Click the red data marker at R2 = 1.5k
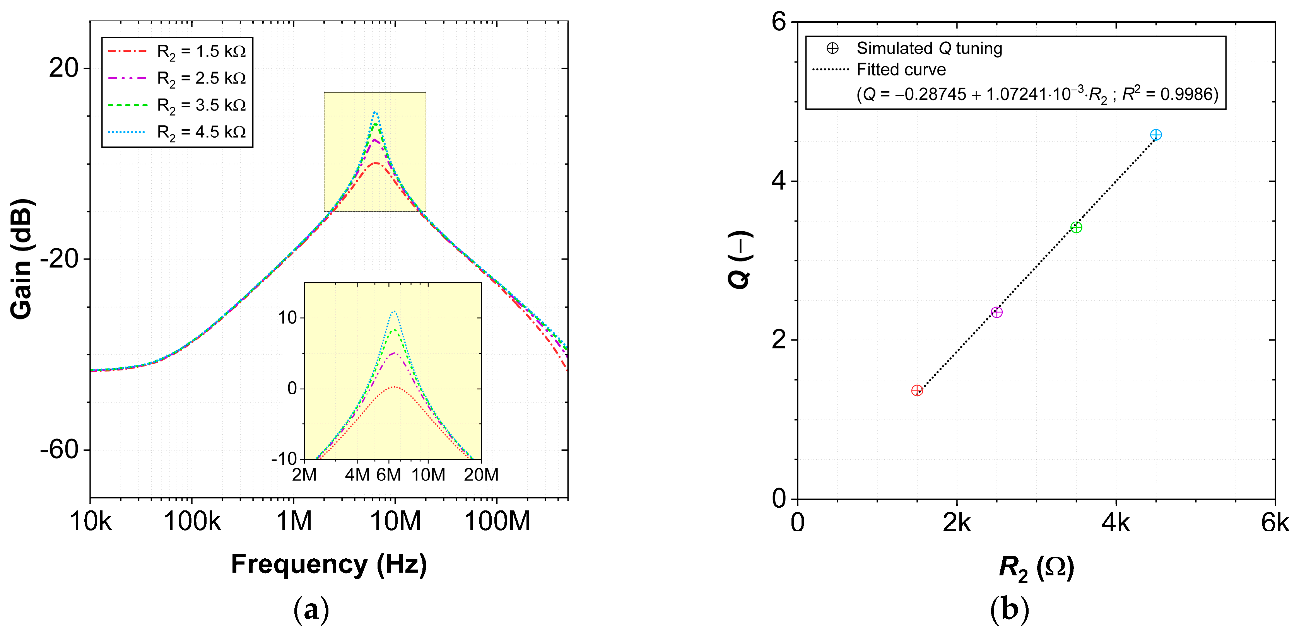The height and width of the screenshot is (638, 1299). [x=917, y=391]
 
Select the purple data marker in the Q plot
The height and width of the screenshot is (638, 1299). [x=996, y=312]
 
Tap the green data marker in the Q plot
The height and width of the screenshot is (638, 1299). [x=1076, y=227]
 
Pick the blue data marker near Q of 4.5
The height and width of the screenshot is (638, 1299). [x=1156, y=135]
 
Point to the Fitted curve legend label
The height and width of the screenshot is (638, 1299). [x=901, y=70]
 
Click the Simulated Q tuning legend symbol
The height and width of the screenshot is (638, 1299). [x=832, y=48]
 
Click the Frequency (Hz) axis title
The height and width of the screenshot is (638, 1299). [x=329, y=565]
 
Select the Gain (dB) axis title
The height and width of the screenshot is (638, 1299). [x=21, y=259]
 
